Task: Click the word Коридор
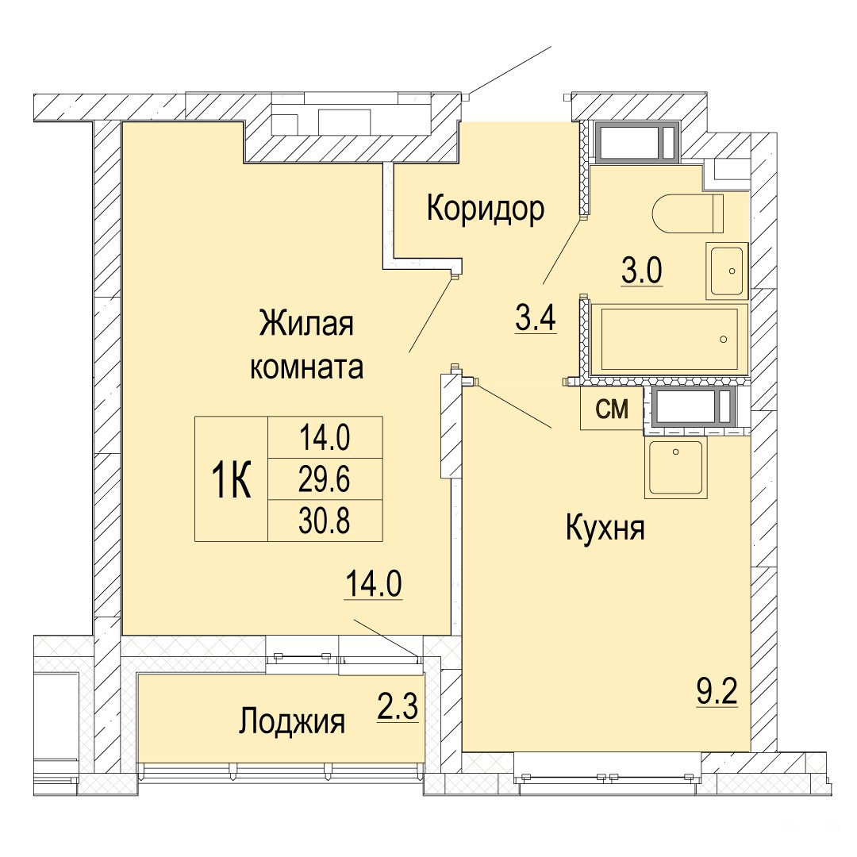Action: click(486, 208)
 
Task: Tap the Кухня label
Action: click(605, 528)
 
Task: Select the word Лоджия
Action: click(292, 721)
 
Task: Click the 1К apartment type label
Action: click(231, 479)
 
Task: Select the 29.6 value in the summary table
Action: click(325, 479)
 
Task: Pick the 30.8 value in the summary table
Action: click(325, 521)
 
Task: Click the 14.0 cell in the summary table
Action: click(325, 438)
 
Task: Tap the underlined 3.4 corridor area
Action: click(536, 319)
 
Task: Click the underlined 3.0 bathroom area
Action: click(642, 271)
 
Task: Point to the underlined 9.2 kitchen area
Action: click(717, 693)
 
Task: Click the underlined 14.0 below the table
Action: click(373, 584)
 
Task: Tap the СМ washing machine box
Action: click(612, 408)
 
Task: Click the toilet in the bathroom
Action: click(688, 213)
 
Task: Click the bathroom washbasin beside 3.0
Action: click(726, 270)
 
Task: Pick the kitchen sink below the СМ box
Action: click(675, 467)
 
